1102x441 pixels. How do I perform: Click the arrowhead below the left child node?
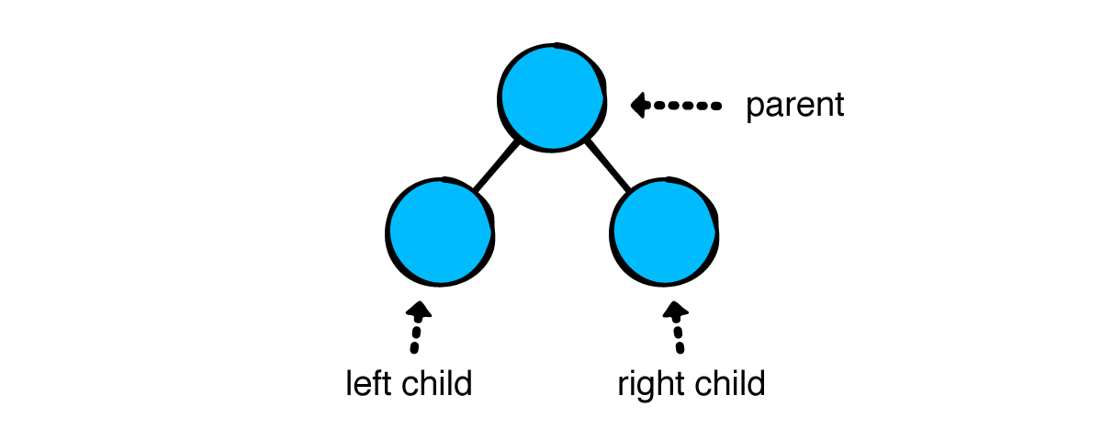tap(418, 311)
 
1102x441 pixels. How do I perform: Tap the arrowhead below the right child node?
tap(675, 311)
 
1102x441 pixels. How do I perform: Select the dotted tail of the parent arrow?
tap(690, 106)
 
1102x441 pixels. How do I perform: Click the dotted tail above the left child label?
tap(415, 338)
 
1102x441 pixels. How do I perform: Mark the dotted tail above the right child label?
tap(679, 338)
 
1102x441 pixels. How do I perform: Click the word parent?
tap(794, 107)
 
